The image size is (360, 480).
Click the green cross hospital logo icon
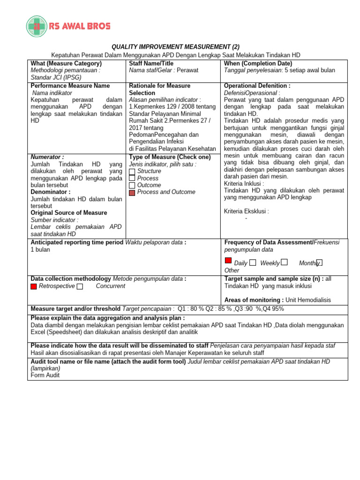[x=37, y=26]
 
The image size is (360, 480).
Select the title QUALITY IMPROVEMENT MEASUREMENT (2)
[x=175, y=47]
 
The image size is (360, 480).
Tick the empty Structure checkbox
[x=132, y=172]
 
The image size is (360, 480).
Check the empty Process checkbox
[x=132, y=179]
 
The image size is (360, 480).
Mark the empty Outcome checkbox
[x=132, y=186]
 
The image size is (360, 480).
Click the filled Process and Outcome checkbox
[x=132, y=193]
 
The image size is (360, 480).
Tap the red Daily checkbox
[x=228, y=261]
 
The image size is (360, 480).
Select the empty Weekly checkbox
[x=253, y=263]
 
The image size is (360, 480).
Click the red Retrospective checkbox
[x=34, y=286]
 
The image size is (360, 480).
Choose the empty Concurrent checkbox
[x=80, y=286]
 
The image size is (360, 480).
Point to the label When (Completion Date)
[x=258, y=63]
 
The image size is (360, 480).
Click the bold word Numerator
[x=47, y=157]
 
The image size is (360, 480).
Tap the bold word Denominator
[x=50, y=192]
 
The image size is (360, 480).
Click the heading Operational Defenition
[x=257, y=86]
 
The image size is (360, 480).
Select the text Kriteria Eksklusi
[x=246, y=211]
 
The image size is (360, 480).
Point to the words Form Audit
[x=45, y=375]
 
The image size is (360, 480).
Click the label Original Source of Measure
[x=68, y=213]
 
